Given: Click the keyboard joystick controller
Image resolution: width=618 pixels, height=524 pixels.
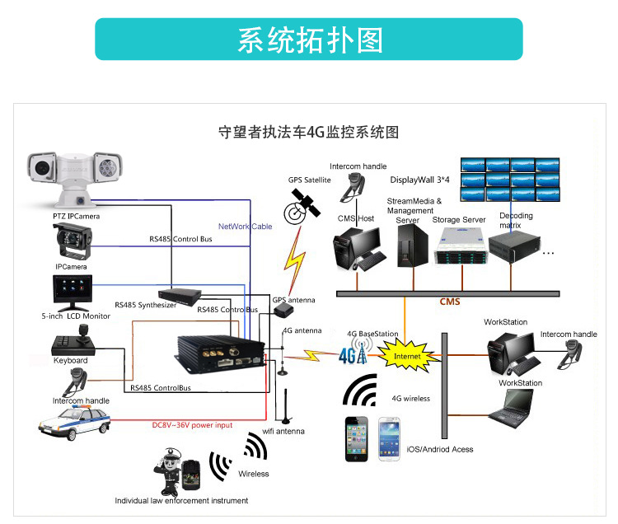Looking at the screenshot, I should tap(72, 341).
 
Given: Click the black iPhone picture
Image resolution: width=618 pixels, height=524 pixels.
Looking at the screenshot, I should tap(357, 439).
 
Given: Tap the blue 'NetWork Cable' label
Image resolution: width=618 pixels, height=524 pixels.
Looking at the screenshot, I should tap(245, 226).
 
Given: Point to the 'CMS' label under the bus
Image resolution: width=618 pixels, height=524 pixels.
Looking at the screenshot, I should tap(449, 302).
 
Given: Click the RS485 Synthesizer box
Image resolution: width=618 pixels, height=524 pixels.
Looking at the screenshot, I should tap(180, 296).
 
